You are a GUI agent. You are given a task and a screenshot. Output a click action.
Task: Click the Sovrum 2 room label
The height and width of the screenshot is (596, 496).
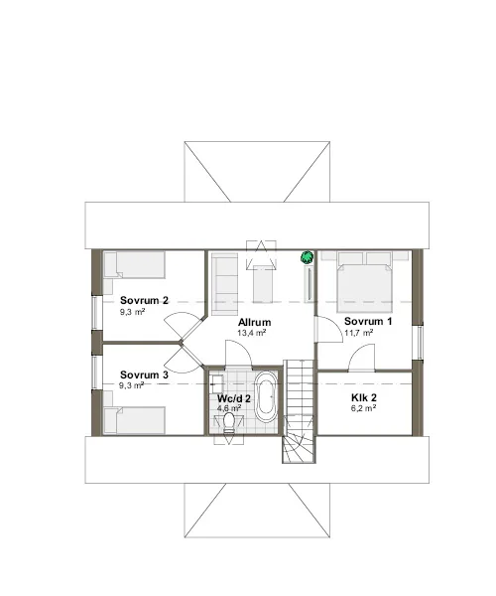144,300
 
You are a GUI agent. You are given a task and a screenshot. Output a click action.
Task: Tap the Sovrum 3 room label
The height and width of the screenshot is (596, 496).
144,374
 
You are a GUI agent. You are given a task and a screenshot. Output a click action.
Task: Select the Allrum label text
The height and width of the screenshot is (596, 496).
254,322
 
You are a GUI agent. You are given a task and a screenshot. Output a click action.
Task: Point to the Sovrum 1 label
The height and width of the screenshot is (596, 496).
368,321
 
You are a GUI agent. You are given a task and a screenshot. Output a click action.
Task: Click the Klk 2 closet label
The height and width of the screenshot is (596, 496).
363,397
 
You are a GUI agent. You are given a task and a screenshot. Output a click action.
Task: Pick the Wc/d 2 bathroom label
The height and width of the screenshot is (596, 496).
234,398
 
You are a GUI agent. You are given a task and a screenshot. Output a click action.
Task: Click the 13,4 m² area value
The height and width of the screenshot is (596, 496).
251,333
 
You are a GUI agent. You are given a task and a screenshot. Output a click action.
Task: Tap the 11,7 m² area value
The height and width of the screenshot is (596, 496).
359,333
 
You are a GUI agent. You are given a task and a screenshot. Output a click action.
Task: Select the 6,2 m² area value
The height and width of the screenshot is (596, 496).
363,408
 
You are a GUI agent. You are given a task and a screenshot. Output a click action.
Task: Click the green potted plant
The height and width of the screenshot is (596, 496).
307,257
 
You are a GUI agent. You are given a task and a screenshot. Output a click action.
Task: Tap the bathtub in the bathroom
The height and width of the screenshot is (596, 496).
266,396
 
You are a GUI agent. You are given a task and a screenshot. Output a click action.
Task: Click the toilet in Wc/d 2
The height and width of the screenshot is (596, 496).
229,423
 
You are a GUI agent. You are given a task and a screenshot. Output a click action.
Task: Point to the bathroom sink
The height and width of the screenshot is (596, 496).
217,383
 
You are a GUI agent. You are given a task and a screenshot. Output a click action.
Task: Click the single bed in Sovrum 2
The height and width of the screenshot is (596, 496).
135,265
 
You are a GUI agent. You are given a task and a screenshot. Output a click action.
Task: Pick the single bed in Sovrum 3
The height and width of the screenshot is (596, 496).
135,420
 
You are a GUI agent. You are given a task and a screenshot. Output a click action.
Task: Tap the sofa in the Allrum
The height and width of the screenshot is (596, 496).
224,284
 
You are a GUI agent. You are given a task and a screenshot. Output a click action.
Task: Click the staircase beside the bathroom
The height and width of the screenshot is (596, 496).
300,411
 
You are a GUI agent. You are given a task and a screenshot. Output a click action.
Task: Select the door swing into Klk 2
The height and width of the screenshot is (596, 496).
362,358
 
